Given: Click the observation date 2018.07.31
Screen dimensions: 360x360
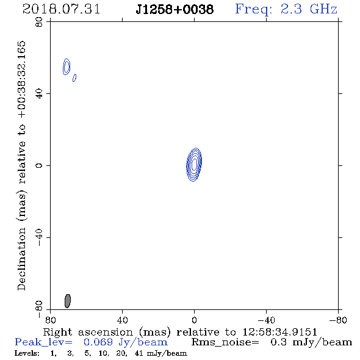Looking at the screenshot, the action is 61,9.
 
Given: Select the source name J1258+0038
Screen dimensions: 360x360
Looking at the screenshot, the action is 175,10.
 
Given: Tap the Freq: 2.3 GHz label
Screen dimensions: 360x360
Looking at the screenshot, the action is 286,10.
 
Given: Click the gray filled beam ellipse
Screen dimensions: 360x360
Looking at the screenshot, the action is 68,301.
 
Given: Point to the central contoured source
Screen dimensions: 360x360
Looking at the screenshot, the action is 194,165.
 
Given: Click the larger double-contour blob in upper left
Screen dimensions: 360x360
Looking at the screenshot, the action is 67,67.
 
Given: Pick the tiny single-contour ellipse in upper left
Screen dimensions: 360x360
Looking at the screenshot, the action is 74,78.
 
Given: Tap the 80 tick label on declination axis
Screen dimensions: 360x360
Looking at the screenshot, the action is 39,22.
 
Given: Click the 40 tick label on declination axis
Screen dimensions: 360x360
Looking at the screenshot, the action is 39,94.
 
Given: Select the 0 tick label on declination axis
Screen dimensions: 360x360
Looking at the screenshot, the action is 39,165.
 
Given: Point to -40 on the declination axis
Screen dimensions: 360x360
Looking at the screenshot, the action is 39,237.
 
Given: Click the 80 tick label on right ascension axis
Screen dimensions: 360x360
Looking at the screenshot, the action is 50,320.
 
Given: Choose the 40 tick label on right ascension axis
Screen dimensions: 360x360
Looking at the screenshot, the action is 122,320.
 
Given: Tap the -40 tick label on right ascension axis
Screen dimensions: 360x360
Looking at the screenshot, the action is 266,320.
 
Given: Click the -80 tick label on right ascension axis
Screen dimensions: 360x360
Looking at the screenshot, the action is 338,320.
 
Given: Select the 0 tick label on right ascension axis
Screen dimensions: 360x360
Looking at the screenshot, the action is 194,320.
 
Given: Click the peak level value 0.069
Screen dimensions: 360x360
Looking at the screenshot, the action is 98,342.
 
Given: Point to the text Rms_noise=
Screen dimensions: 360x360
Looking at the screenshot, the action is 225,342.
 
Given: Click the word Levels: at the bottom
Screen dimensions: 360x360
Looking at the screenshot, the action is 27,353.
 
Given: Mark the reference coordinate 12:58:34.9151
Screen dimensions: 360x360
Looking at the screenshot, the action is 279,332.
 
